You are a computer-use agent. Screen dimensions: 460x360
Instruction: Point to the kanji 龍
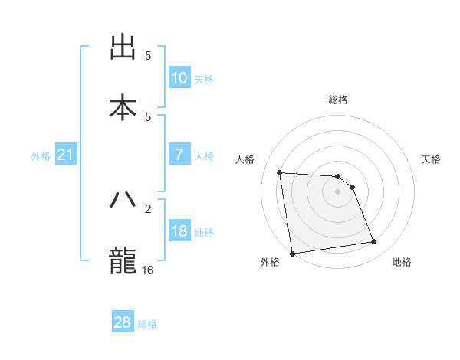coord(123,260)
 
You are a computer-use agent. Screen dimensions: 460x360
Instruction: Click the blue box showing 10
coord(179,77)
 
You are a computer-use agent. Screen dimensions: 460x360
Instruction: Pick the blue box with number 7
coord(179,155)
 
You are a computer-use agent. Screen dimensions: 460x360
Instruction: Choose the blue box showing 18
coord(179,231)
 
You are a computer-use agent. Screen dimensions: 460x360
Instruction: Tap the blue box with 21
coord(66,155)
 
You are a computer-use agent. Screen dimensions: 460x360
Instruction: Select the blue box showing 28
coord(123,322)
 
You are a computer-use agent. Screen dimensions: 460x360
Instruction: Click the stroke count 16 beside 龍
coord(149,270)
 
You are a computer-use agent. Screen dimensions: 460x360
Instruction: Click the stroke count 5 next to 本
coord(149,116)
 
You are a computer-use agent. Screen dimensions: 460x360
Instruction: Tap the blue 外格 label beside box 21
coord(41,156)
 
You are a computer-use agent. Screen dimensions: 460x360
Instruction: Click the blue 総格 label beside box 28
coord(147,324)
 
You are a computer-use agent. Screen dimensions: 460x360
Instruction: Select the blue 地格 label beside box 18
coord(204,233)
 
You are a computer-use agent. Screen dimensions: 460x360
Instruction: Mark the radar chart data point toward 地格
coord(374,242)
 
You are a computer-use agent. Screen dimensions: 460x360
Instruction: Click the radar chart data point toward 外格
coord(292,253)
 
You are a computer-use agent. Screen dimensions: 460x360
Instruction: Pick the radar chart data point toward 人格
coord(280,172)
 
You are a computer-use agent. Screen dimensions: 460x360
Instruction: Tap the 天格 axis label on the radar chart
coord(432,159)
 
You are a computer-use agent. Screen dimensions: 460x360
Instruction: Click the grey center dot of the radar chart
coord(337,191)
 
